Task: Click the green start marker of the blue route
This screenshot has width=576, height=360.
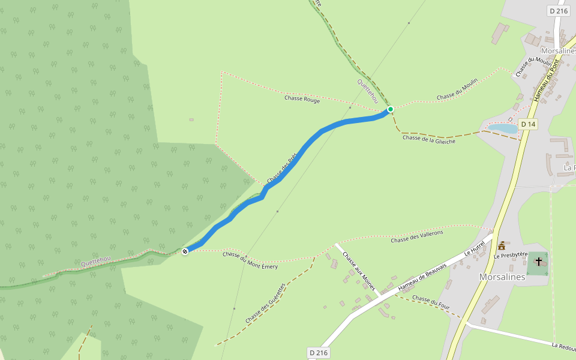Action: coord(391,109)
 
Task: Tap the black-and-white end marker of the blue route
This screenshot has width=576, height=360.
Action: coord(185,251)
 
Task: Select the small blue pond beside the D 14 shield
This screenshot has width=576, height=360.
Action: coord(503,128)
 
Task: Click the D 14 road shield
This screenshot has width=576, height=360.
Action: coord(527,124)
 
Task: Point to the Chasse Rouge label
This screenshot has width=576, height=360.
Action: coord(302,99)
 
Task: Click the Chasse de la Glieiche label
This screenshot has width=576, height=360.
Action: coord(429,139)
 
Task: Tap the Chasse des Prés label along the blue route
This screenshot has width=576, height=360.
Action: coord(282,169)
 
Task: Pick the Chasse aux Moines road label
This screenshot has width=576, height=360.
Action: coord(359,272)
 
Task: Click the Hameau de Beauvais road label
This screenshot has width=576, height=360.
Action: coord(423,278)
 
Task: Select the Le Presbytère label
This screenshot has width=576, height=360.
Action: coord(510,256)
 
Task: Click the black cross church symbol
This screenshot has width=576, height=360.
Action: coord(539,261)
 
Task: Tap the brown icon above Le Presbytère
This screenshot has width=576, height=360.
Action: coord(502,245)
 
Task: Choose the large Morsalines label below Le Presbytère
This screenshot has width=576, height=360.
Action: coord(502,277)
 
